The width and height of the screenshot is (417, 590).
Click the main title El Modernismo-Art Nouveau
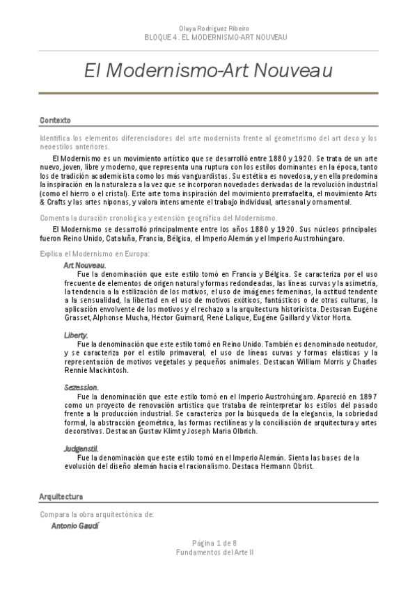(x=208, y=71)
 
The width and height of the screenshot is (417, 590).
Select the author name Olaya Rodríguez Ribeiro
(x=208, y=29)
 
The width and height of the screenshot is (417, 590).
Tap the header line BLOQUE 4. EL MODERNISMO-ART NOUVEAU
(x=208, y=37)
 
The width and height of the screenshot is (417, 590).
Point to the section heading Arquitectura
(x=61, y=497)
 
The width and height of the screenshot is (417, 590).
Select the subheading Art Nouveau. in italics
(x=84, y=266)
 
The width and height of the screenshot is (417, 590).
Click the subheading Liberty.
(x=76, y=335)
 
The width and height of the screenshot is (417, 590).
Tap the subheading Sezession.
(x=81, y=387)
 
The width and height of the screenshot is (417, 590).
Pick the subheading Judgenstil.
(x=81, y=448)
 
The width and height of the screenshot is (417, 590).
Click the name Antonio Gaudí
(x=75, y=526)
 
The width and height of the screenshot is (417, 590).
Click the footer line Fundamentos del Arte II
(x=208, y=551)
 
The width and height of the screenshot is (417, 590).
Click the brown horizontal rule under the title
(x=208, y=93)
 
